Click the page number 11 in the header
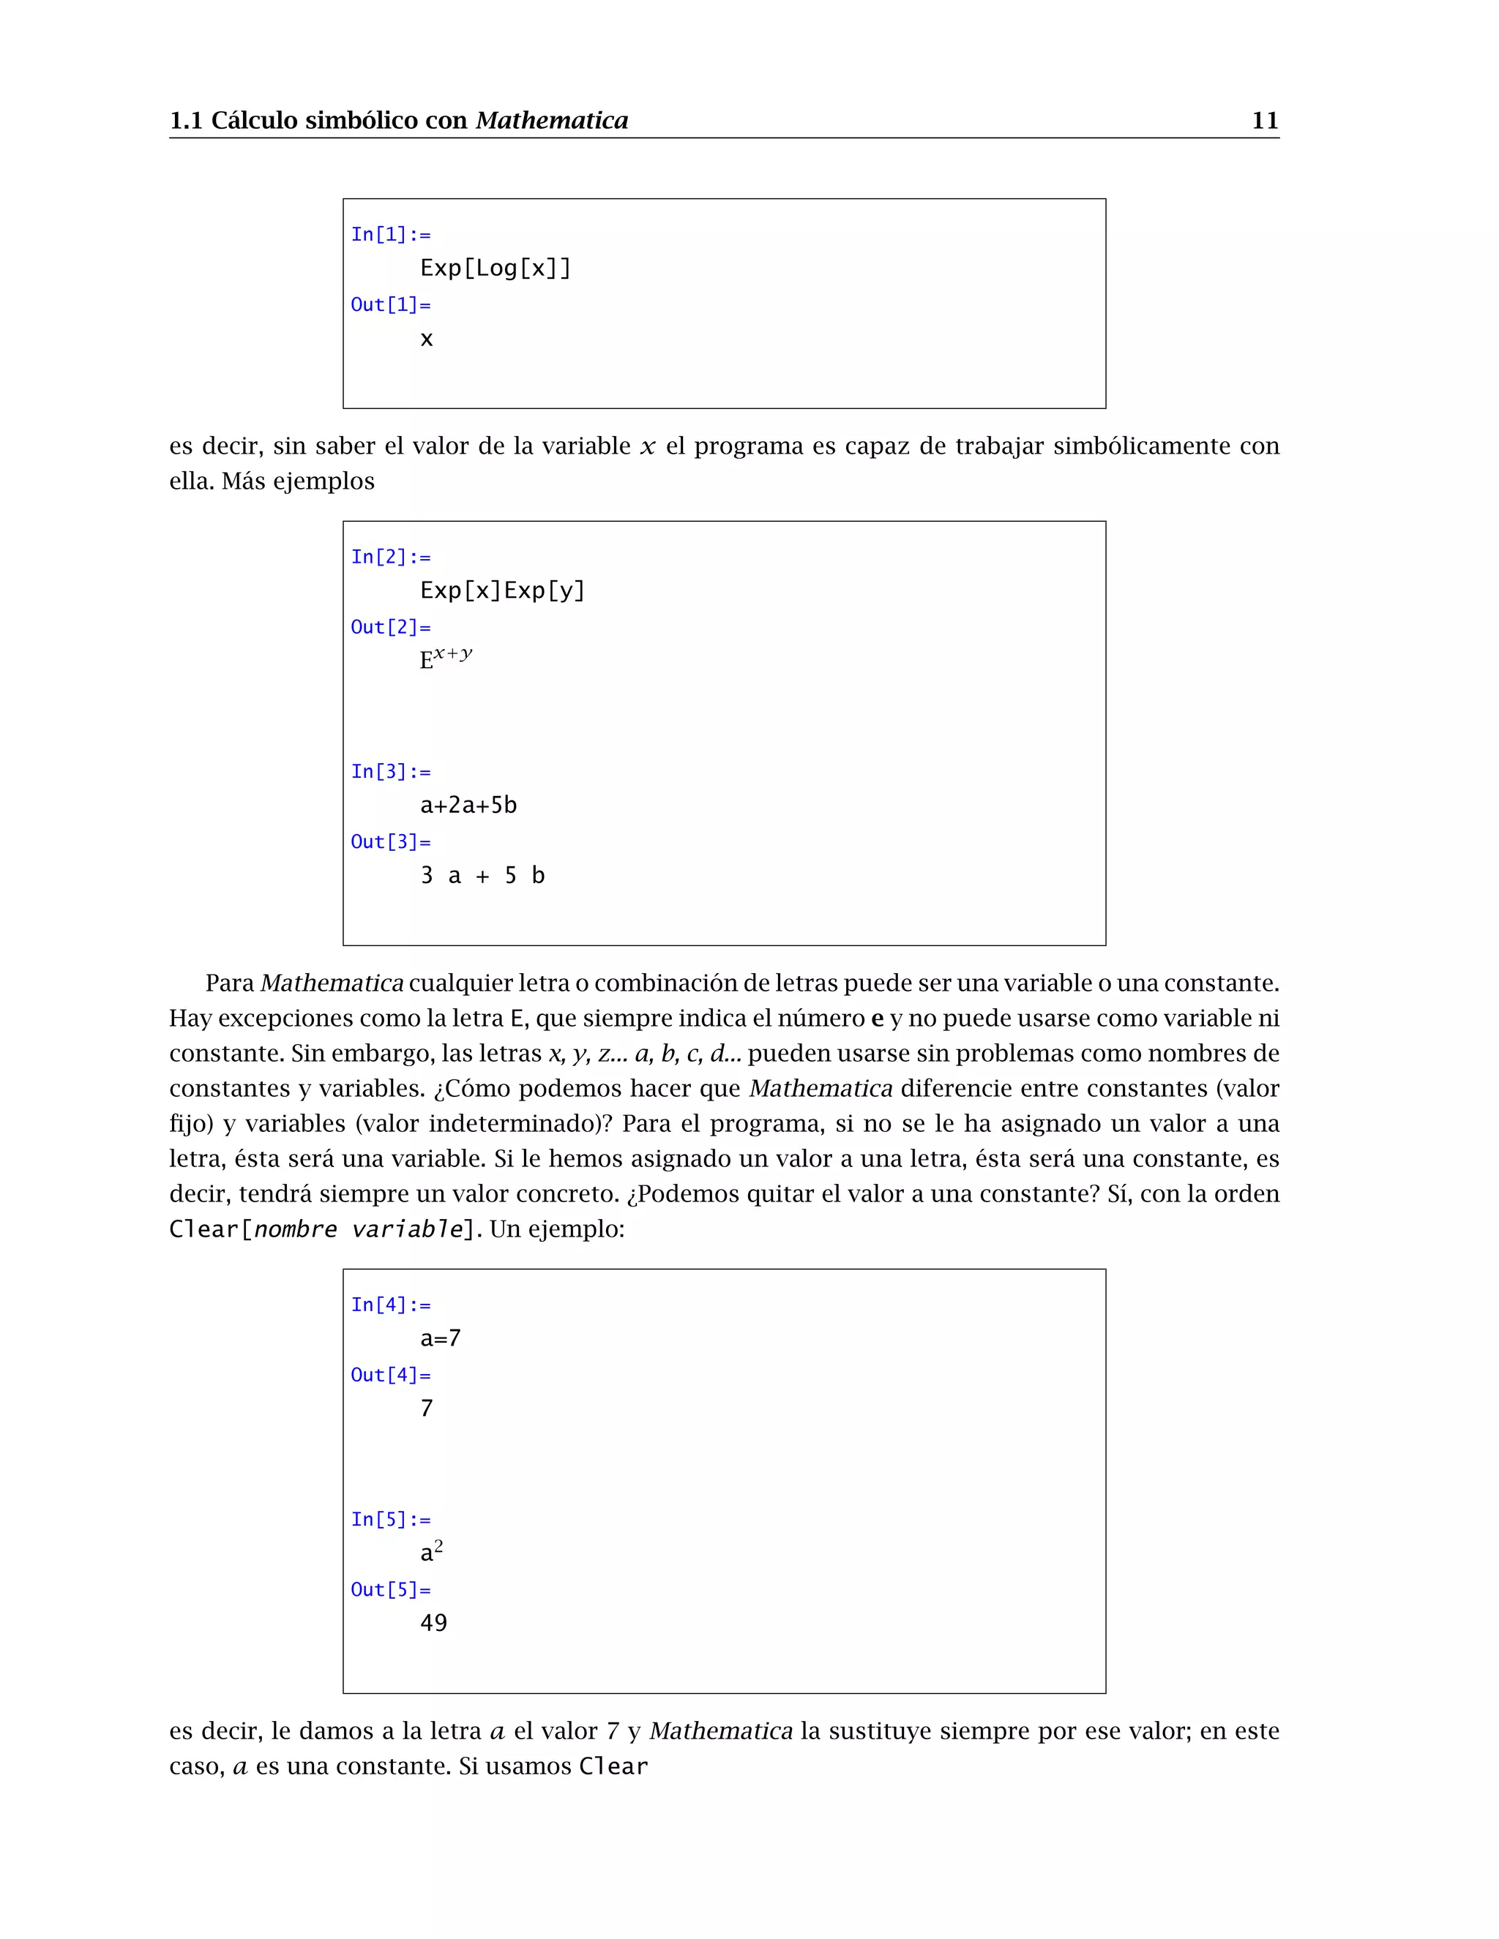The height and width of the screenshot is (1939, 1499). coord(1265,121)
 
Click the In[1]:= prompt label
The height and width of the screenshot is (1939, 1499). coord(391,234)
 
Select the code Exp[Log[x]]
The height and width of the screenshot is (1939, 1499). coord(496,268)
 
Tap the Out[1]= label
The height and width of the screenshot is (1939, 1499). coord(391,304)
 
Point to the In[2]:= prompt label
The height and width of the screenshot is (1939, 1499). coord(391,557)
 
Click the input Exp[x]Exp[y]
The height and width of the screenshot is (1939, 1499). coord(503,590)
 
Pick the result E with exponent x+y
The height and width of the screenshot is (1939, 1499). coord(446,658)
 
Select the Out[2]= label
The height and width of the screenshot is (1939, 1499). coord(391,627)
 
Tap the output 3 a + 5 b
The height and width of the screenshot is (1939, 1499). coord(482,875)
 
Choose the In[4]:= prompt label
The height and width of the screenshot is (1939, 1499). coord(391,1304)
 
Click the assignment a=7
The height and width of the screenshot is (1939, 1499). coord(441,1338)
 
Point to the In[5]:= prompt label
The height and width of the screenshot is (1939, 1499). coord(391,1519)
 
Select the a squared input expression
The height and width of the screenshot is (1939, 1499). coord(432,1551)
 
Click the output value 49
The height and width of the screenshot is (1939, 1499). coord(433,1623)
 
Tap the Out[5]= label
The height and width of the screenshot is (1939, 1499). coord(391,1589)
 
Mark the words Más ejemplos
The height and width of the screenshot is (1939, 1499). coord(299,481)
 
